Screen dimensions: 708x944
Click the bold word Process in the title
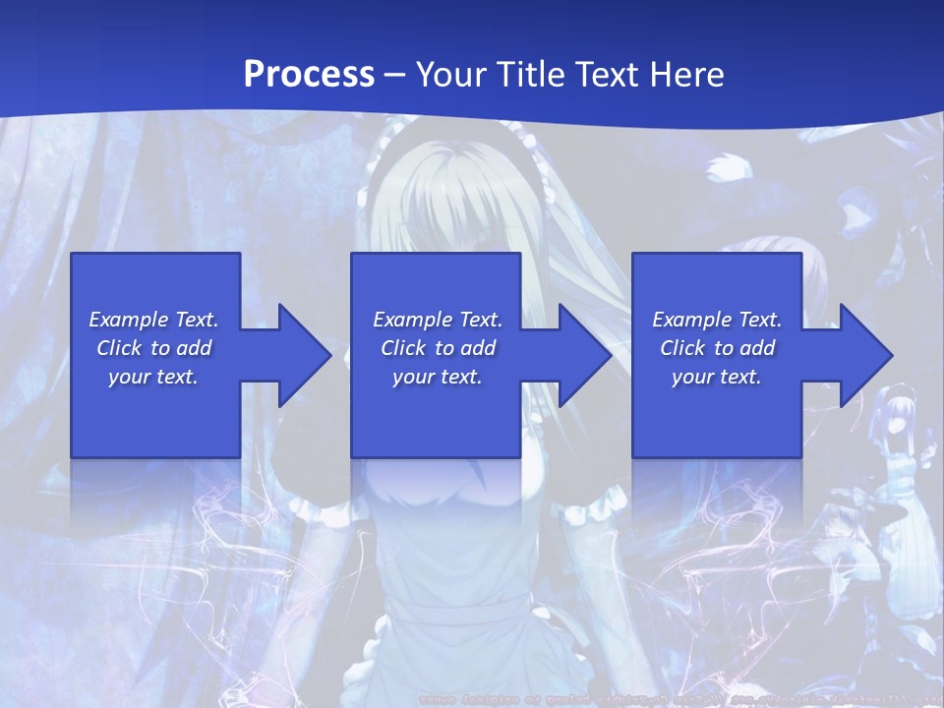(309, 74)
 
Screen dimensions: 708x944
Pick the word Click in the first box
(120, 348)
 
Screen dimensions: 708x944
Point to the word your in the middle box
(412, 378)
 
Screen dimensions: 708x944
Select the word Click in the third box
(683, 348)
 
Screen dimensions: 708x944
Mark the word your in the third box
(691, 378)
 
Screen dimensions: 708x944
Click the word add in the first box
(194, 348)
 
